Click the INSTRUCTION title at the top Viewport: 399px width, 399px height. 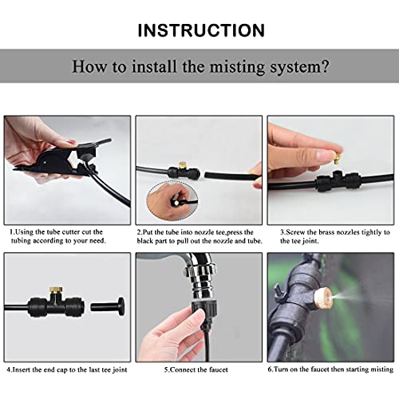[200, 31]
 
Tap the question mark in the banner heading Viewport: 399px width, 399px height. [325, 66]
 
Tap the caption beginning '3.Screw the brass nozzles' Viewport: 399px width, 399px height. [332, 237]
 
